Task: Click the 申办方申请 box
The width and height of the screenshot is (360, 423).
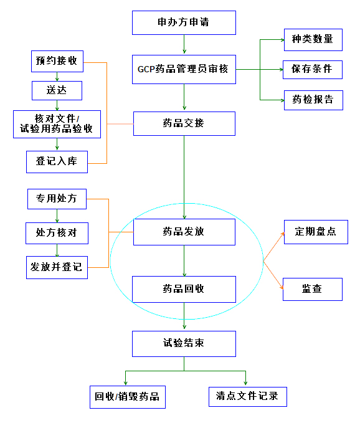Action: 184,22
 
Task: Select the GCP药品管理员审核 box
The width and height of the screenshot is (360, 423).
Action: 184,69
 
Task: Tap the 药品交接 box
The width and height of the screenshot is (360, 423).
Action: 184,123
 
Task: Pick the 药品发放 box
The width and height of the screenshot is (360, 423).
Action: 184,232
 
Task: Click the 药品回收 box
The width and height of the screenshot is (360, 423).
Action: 184,289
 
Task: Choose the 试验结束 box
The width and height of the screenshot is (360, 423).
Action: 184,344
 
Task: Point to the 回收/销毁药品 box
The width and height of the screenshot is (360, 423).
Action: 128,397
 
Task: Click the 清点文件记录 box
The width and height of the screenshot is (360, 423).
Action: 248,397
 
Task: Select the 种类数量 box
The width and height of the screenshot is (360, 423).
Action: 313,40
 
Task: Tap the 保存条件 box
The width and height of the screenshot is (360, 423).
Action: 313,70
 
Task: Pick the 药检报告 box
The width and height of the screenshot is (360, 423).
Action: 314,100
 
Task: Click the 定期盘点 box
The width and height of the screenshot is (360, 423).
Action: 316,232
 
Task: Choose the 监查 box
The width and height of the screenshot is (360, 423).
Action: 313,289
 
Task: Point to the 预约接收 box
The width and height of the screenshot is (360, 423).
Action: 57,61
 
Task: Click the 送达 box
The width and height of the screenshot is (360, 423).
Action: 57,91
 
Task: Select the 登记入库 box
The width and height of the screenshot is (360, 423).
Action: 57,162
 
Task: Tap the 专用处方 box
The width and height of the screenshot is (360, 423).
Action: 57,199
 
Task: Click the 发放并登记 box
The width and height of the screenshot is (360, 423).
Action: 57,267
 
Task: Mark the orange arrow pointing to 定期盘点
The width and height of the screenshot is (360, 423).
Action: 273,246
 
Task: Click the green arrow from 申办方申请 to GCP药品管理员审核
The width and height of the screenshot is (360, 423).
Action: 184,44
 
